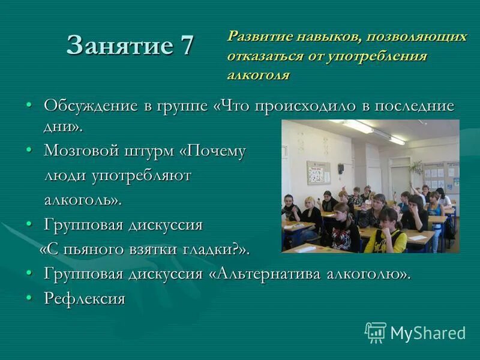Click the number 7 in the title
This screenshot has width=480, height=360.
tap(185, 45)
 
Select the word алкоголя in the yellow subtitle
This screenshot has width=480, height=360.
tap(258, 74)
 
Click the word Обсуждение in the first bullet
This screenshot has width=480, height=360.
tap(91, 106)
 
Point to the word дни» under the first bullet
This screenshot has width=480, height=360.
tap(62, 127)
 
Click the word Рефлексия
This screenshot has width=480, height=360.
tap(84, 298)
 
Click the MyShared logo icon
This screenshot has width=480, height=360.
tap(376, 332)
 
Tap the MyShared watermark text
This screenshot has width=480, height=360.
tap(428, 333)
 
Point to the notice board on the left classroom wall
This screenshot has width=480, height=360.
tap(318, 172)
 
